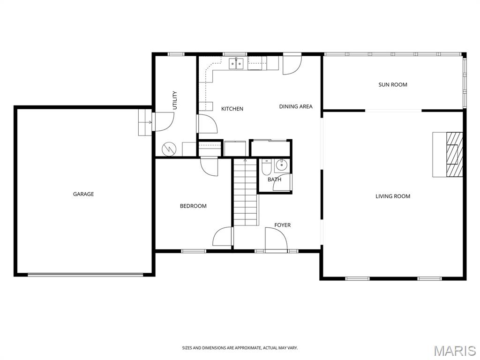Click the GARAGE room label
(x=83, y=194)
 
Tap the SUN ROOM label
(x=393, y=85)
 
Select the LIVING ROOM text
(x=393, y=196)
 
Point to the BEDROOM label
(x=193, y=206)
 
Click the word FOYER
(x=282, y=225)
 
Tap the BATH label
(x=274, y=180)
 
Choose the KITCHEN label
(x=232, y=109)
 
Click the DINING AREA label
(x=296, y=106)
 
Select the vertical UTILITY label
(x=175, y=100)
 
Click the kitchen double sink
(x=236, y=64)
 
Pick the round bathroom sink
(x=281, y=165)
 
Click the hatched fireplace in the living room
(x=454, y=155)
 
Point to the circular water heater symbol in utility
(x=169, y=149)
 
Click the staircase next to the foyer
(x=246, y=192)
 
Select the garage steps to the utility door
(x=145, y=122)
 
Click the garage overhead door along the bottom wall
(x=85, y=275)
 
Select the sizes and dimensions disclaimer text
(x=240, y=348)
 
